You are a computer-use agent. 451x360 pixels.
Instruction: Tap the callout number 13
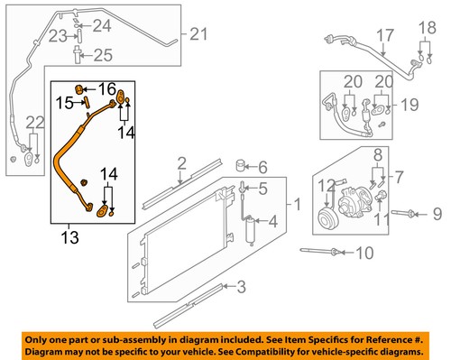pyautogui.click(x=68, y=238)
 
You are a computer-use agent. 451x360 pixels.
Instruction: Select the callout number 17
pyautogui.click(x=385, y=36)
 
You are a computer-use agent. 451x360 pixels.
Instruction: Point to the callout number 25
pyautogui.click(x=103, y=55)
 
